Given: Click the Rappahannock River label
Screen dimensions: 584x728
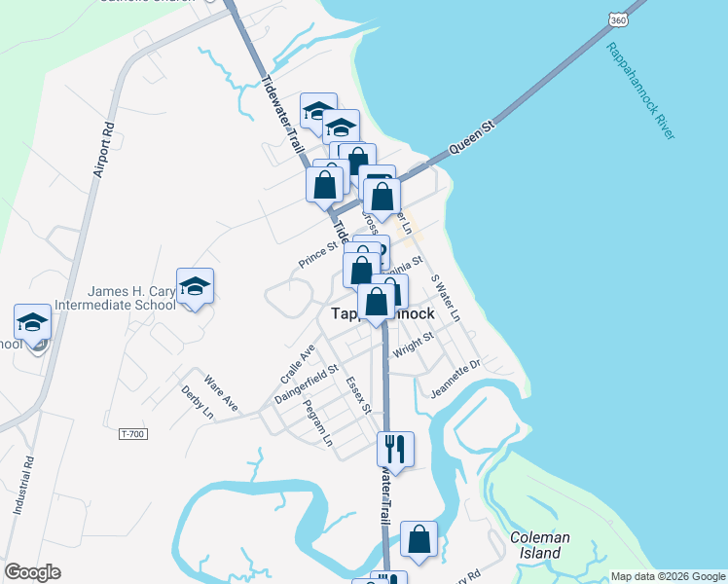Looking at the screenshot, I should [639, 91].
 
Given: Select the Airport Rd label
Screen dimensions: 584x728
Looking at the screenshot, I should [104, 150].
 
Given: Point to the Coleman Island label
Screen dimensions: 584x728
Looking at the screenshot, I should [539, 545].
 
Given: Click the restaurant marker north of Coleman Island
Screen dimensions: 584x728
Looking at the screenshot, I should [395, 449].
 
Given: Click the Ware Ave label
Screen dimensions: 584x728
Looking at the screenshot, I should [221, 389].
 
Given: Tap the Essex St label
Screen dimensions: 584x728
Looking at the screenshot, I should [358, 394].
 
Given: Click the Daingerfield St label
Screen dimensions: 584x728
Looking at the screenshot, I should [306, 384].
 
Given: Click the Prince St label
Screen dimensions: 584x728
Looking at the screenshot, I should [317, 257].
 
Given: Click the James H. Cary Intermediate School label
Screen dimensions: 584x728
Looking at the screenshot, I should [132, 297].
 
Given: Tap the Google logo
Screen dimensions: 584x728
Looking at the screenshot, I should [32, 572].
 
